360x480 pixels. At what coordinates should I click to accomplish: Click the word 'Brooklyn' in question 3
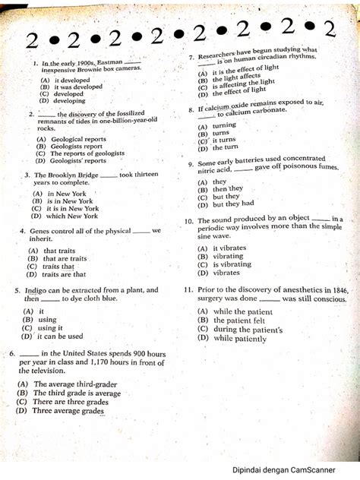[81, 175]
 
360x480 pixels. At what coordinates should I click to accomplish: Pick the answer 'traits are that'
[65, 274]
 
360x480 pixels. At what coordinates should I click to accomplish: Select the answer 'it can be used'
[60, 336]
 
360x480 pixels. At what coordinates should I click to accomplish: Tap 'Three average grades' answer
[68, 411]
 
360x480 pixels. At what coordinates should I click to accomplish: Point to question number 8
[191, 109]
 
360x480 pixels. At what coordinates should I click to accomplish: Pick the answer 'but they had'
[233, 204]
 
